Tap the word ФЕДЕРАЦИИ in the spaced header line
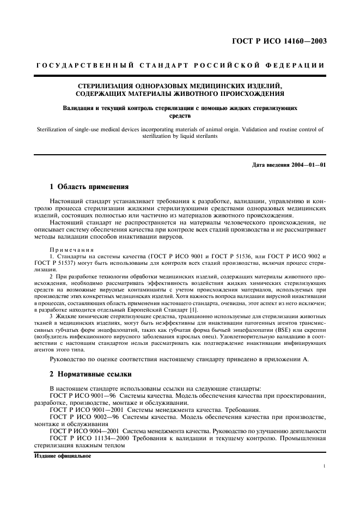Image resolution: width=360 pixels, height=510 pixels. pos(298,65)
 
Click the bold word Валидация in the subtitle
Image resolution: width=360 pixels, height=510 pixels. pos(78,108)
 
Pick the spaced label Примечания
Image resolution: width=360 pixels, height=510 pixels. pos(68,248)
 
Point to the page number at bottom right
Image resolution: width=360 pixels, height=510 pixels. pos(325,466)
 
